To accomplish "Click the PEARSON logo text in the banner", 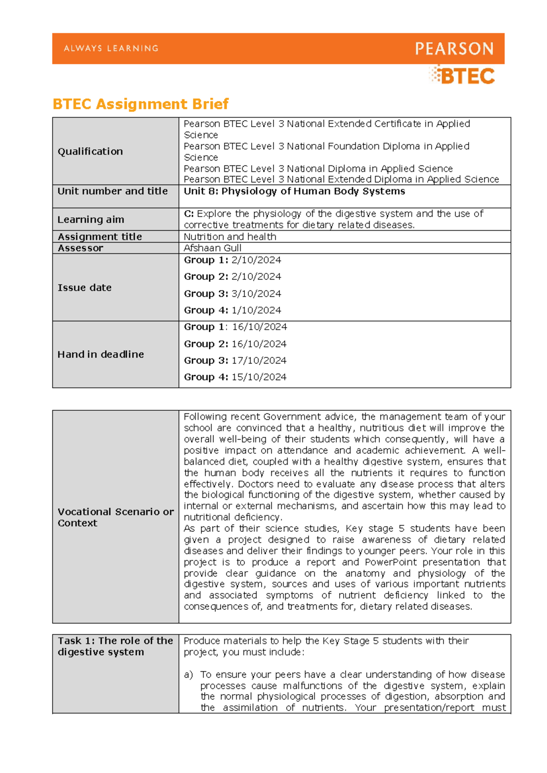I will (454, 49).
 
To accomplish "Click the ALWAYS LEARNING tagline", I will (111, 48).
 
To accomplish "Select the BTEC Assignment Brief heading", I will (140, 104).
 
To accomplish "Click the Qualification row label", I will (90, 151).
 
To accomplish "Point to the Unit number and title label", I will (113, 191).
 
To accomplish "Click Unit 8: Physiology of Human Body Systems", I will (294, 191).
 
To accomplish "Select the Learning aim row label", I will (91, 219).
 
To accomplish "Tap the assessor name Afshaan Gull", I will (212, 248).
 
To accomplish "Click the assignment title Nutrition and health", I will (230, 237).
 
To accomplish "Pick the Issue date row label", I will (84, 288).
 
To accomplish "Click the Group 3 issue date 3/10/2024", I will (256, 294).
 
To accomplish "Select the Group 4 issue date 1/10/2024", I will (256, 310).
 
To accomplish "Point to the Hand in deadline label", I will (101, 354).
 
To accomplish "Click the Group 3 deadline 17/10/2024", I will (258, 361).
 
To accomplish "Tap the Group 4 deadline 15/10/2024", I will (258, 377).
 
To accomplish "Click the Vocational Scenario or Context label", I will (115, 517).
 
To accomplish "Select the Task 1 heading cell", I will (115, 646).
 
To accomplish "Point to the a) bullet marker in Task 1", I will (188, 675).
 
